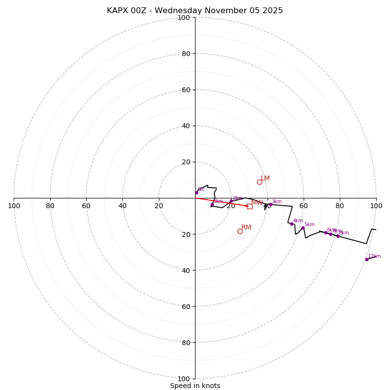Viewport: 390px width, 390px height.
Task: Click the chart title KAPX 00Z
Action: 195,11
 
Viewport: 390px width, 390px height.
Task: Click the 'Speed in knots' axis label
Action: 195,386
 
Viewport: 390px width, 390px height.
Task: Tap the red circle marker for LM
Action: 259,182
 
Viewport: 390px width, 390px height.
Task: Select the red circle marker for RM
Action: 240,231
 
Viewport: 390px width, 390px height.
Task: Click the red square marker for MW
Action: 250,206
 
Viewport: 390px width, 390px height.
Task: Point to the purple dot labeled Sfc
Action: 196,193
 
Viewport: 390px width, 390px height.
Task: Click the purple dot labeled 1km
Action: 212,205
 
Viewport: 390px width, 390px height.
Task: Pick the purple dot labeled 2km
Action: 231,201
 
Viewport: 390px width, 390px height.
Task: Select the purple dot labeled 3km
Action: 271,205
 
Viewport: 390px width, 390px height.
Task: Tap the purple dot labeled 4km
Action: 292,224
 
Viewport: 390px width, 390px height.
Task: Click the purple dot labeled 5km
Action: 303,228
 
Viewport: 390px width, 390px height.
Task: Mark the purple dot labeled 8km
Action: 338,236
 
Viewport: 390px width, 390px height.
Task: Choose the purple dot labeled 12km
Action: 367,259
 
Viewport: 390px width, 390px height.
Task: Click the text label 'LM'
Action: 265,178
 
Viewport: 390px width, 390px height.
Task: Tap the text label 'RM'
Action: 246,228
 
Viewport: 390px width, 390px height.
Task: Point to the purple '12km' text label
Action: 374,256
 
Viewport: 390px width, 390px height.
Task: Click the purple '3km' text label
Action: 277,201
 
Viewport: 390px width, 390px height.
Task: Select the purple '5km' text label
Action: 310,224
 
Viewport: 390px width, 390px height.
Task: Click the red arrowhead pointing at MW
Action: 246,206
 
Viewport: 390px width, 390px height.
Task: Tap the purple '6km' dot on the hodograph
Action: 326,233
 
